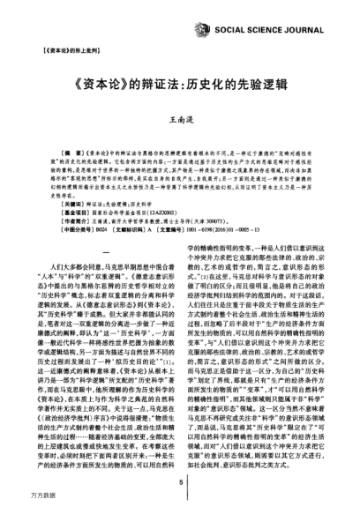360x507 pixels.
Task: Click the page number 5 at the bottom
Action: (x=180, y=482)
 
